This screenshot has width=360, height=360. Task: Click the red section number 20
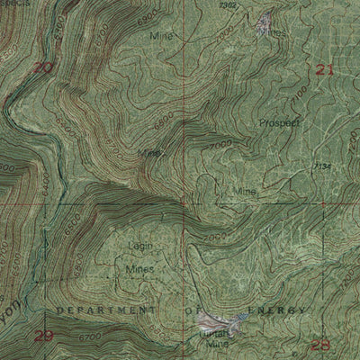[41, 67]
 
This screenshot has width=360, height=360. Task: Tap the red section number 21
[325, 69]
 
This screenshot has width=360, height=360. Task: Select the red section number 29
[43, 336]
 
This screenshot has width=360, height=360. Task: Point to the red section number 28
[319, 344]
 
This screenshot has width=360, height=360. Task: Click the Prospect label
[277, 122]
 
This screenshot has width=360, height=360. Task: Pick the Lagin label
[139, 245]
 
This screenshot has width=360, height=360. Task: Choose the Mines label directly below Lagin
[139, 268]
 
